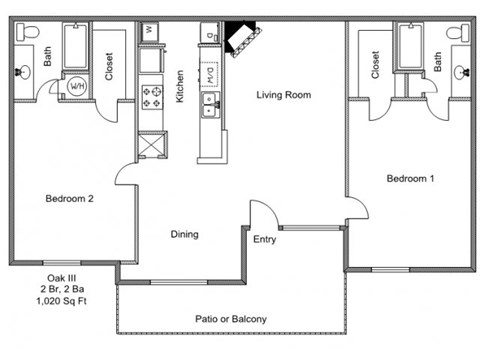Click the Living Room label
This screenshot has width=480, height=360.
(284, 95)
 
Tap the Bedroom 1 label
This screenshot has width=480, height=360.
(410, 178)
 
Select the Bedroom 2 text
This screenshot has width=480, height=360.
(69, 199)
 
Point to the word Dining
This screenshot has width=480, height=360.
(184, 234)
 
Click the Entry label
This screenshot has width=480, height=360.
(265, 239)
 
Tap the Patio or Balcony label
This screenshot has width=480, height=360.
(231, 319)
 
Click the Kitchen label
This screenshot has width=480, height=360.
(180, 86)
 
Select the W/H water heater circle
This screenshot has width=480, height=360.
(77, 86)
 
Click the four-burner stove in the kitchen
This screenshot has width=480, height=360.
(152, 97)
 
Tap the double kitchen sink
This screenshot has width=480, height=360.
(210, 105)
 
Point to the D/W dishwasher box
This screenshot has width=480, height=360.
(209, 74)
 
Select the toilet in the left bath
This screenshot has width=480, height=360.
(28, 32)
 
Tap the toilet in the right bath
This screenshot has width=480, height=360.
(458, 32)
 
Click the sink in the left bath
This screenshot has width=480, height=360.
(23, 71)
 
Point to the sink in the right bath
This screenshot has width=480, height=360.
(462, 72)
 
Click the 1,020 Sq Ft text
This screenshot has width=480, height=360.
(61, 301)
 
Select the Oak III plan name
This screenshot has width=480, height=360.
(62, 278)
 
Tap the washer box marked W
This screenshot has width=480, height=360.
(149, 31)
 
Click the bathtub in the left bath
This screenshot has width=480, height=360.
(75, 46)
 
